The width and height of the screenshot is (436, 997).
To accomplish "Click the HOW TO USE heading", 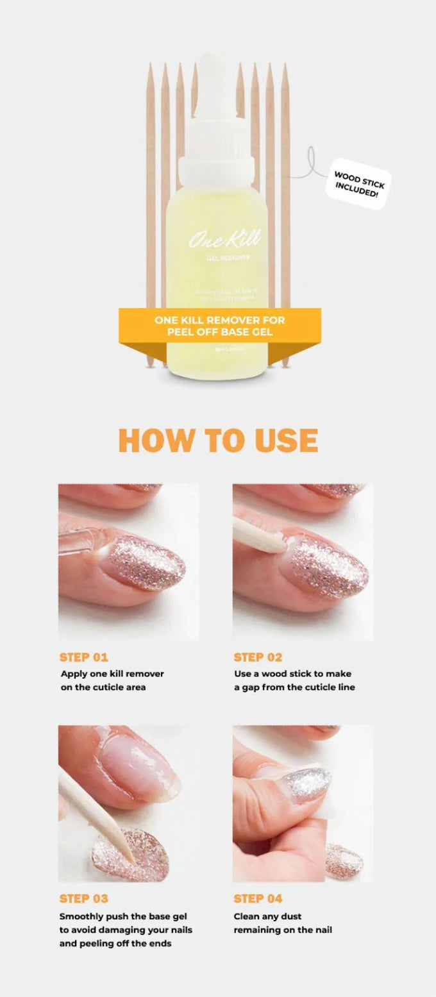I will pos(218,440).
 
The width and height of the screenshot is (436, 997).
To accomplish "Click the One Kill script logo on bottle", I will pos(224,239).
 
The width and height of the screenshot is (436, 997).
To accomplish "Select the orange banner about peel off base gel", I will pos(219,325).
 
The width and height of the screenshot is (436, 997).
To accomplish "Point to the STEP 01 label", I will pos(84,657).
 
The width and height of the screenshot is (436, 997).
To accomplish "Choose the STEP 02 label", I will pos(258,657).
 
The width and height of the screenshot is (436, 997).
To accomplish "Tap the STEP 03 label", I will pos(84,898).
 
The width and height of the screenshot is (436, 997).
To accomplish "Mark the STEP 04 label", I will pos(258,898).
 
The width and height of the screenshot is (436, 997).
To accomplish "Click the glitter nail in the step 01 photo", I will pos(146,562).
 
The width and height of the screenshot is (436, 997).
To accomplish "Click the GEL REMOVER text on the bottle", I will pos(223,258).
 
